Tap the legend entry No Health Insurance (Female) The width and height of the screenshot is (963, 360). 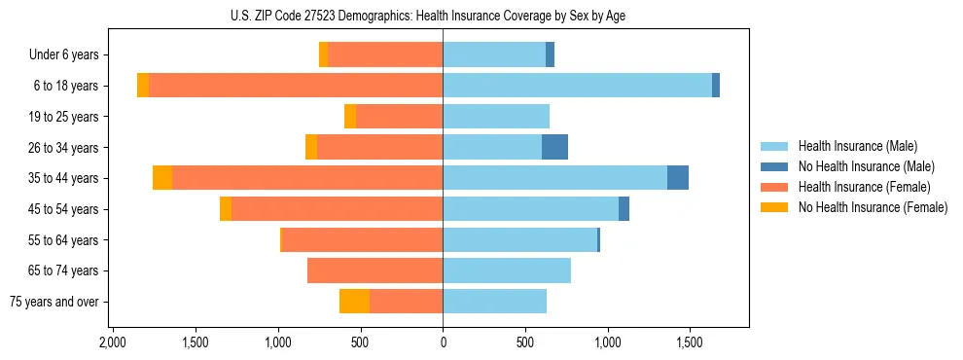[x=873, y=207]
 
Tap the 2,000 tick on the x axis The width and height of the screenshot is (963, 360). [x=113, y=343]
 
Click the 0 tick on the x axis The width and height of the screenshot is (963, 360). [x=443, y=343]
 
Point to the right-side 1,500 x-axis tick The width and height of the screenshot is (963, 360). [x=690, y=343]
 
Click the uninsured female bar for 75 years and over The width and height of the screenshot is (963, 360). [x=354, y=302]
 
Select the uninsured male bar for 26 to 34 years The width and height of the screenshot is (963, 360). [x=554, y=147]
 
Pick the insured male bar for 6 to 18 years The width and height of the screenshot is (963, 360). [x=577, y=86]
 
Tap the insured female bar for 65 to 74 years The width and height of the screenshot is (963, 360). [x=374, y=270]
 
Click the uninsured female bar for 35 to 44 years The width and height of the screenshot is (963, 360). [x=162, y=178]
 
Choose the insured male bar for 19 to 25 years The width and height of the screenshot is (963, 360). [x=496, y=117]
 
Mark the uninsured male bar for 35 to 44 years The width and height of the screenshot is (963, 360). [x=678, y=178]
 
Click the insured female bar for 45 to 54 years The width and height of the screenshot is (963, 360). [x=337, y=209]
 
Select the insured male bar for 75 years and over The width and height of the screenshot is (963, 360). [x=494, y=302]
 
